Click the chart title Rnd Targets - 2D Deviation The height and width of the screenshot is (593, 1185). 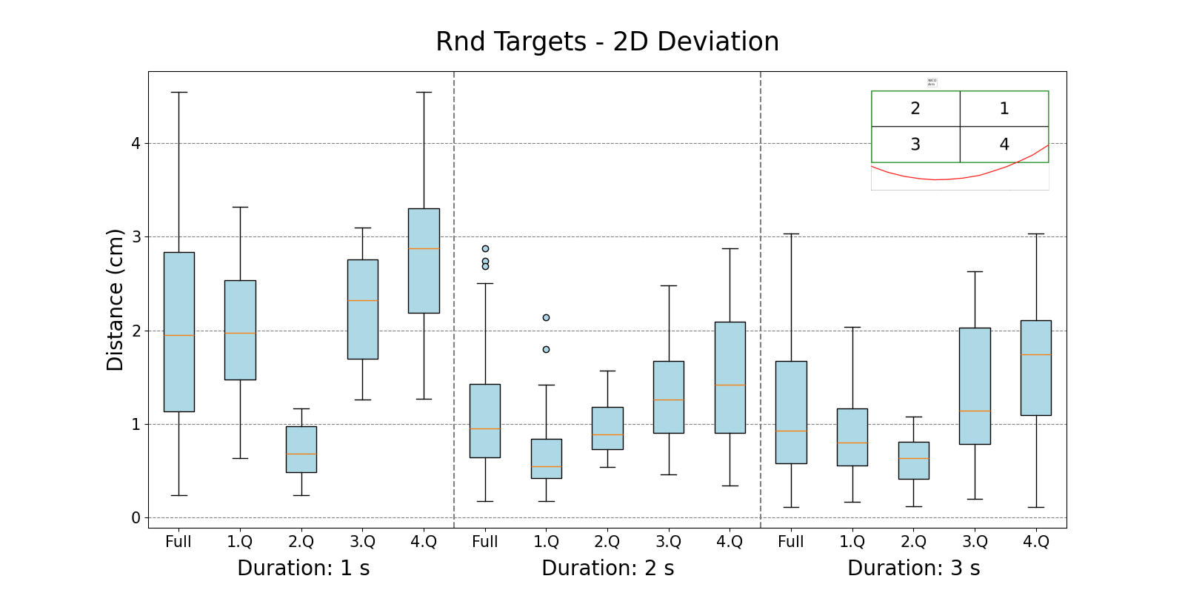tap(607, 42)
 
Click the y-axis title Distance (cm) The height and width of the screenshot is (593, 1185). tap(115, 299)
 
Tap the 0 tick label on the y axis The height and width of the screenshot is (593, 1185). tap(136, 518)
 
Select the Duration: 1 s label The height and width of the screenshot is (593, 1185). tap(304, 569)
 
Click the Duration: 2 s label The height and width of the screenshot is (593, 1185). tap(608, 569)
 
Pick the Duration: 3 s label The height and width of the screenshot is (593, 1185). tap(914, 569)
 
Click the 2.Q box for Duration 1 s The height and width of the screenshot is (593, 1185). tap(301, 449)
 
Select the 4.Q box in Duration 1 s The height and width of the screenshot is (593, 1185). tap(424, 261)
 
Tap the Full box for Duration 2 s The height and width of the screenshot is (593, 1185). tap(485, 420)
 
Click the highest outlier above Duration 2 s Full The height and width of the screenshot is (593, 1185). tap(485, 249)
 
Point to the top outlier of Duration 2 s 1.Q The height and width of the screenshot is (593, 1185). tap(547, 317)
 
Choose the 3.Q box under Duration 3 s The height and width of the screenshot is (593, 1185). tap(975, 385)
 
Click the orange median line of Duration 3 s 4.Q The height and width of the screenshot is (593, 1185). tap(1036, 355)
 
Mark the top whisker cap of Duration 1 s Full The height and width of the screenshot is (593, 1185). tap(179, 93)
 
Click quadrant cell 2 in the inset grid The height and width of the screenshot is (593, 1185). tap(915, 109)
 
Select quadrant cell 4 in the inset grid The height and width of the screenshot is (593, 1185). tap(1004, 145)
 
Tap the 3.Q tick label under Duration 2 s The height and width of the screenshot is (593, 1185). tap(669, 542)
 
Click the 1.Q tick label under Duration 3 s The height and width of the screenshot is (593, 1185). tap(852, 542)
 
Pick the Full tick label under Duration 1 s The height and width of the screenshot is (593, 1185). tap(178, 542)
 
